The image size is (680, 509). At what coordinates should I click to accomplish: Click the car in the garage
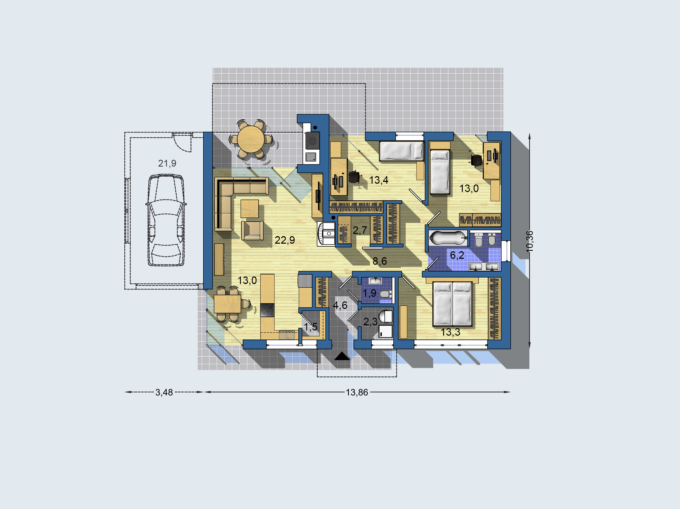pyautogui.click(x=166, y=220)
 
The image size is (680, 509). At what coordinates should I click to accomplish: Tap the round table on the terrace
pyautogui.click(x=251, y=139)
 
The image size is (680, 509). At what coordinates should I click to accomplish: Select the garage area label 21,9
pyautogui.click(x=167, y=163)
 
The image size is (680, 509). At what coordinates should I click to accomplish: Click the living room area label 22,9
pyautogui.click(x=285, y=240)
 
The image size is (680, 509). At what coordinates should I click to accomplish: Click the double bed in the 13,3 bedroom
pyautogui.click(x=452, y=304)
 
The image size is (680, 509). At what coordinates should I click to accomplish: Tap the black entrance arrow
pyautogui.click(x=342, y=356)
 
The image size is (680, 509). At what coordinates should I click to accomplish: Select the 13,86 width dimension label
pyautogui.click(x=357, y=392)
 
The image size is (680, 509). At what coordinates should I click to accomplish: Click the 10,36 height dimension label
pyautogui.click(x=529, y=242)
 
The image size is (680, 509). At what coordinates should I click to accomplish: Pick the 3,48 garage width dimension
pyautogui.click(x=164, y=392)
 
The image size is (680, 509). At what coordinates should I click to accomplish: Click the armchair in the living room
pyautogui.click(x=252, y=230)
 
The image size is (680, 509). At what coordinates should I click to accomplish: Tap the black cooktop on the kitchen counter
pyautogui.click(x=267, y=310)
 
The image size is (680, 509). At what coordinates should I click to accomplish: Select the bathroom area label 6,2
pyautogui.click(x=457, y=255)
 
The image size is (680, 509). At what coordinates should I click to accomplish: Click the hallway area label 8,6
pyautogui.click(x=380, y=261)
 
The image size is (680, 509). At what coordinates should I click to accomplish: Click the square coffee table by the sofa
pyautogui.click(x=250, y=209)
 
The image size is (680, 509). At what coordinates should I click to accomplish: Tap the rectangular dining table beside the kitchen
pyautogui.click(x=227, y=304)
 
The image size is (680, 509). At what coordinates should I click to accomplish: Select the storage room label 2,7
pyautogui.click(x=360, y=230)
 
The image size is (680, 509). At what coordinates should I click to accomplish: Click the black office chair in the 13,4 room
pyautogui.click(x=354, y=177)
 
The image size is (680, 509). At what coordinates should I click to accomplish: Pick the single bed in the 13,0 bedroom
pyautogui.click(x=440, y=172)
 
